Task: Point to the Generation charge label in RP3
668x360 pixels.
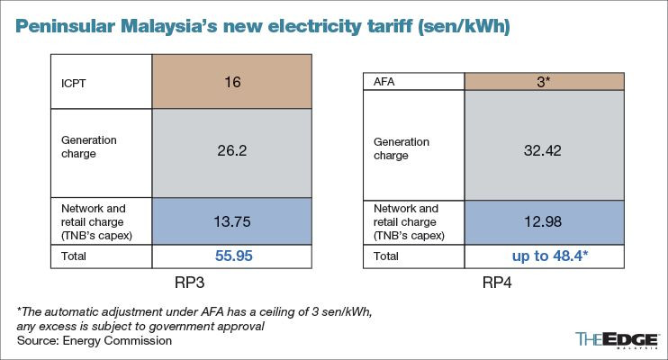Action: (89, 147)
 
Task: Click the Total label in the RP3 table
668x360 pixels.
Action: (72, 256)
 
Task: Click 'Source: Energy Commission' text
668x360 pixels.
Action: (95, 341)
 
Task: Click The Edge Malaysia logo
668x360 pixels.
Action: (614, 340)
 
